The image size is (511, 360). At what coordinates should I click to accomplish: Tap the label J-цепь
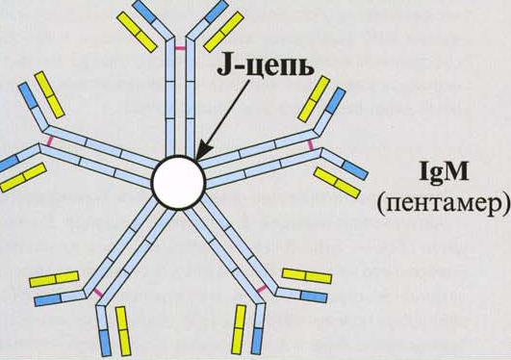266,67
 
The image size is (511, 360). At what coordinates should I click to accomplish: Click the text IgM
445,173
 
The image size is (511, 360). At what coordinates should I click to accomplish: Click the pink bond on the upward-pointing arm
180,48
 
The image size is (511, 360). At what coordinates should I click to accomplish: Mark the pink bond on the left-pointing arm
49,141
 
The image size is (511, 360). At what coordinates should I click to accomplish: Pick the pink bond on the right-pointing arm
311,144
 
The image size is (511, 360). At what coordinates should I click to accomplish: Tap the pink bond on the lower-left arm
98,293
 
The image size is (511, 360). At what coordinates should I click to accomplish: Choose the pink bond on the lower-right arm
262,289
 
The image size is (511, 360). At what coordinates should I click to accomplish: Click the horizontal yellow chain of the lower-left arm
54,279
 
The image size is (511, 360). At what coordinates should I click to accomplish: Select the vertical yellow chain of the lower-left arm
123,331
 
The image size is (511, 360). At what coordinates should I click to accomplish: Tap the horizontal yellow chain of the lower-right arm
307,276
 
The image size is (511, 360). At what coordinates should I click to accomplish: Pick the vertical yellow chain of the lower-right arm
239,329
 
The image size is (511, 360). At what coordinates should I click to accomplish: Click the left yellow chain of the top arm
137,31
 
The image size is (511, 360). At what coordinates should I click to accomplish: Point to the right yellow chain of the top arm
224,32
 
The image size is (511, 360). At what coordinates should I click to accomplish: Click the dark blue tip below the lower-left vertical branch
105,343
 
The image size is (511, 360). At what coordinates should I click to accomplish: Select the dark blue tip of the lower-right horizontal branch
314,296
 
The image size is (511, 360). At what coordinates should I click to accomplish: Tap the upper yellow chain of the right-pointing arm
314,99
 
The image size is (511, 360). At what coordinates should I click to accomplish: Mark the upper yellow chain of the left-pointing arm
49,94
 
